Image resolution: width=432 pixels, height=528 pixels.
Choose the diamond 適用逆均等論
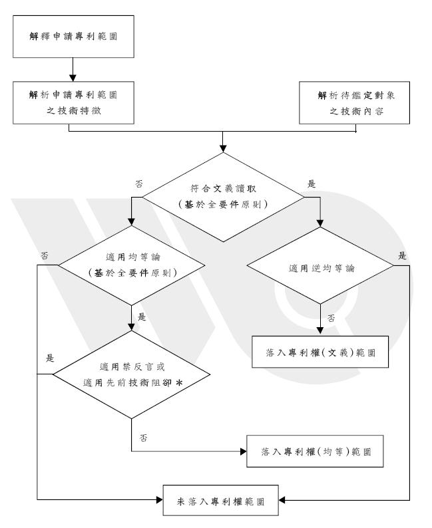(x=320, y=269)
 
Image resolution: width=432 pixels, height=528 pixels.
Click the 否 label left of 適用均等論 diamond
(x=44, y=255)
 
